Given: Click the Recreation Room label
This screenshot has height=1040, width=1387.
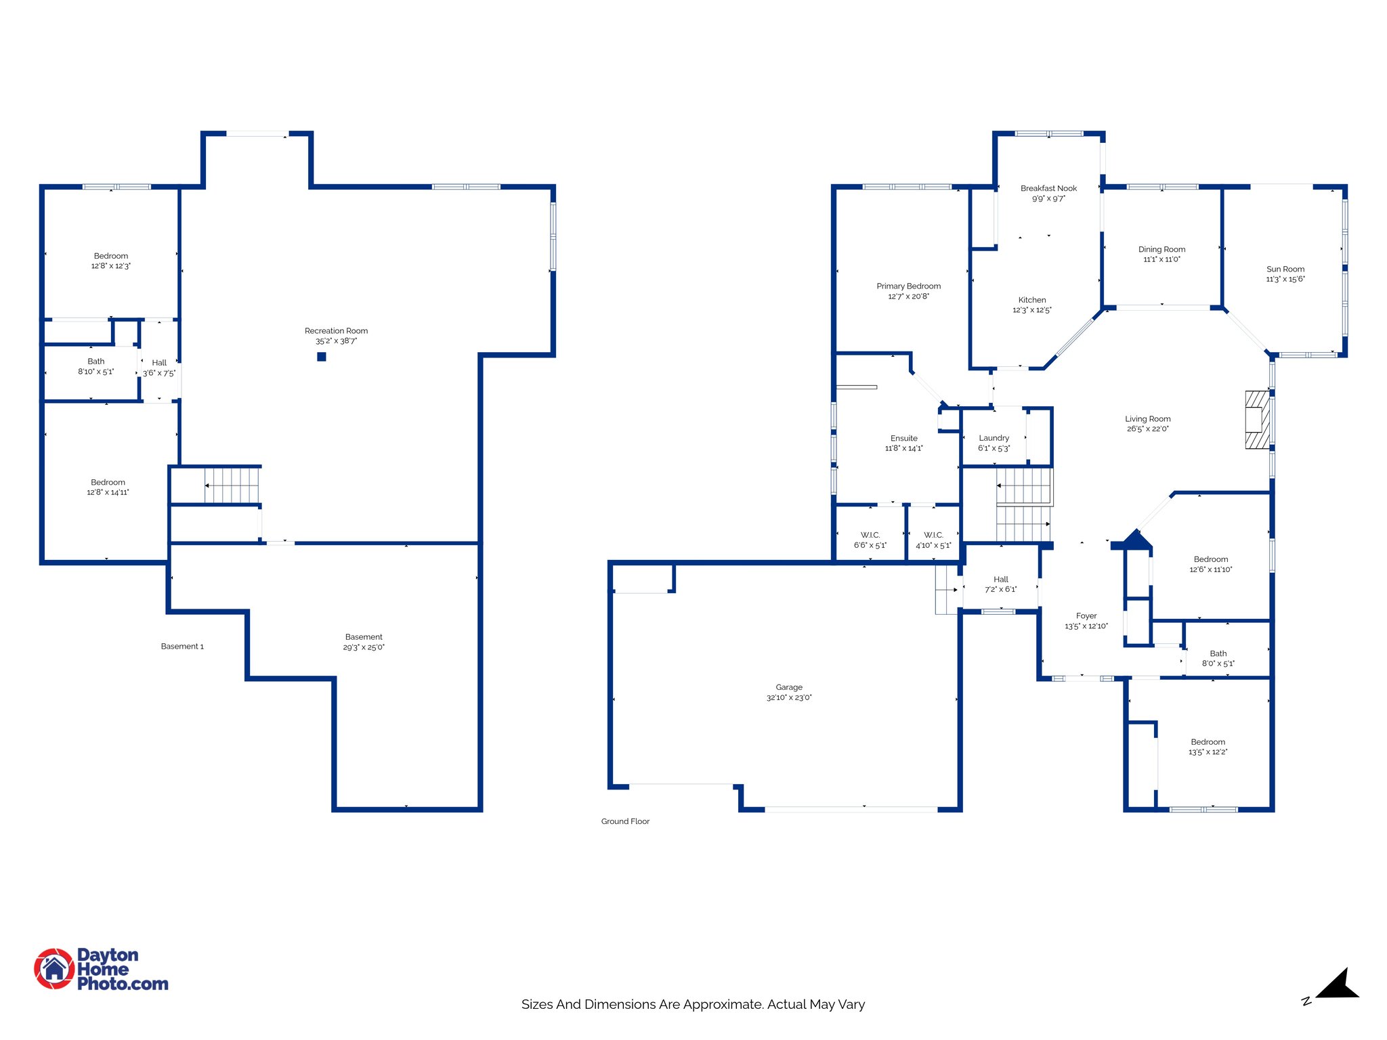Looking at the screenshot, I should (336, 331).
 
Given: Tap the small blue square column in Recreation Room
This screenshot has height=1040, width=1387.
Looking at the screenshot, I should (322, 357).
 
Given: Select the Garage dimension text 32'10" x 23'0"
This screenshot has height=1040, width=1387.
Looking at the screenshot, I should (789, 697).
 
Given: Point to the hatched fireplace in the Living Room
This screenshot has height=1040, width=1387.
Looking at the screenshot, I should (1258, 420).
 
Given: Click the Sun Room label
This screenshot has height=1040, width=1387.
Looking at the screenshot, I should (1285, 269).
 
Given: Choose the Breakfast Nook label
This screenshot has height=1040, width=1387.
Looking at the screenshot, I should (1048, 188).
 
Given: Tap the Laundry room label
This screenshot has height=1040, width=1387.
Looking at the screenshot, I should (994, 438).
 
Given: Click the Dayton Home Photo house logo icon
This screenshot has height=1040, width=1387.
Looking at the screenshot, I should (54, 968).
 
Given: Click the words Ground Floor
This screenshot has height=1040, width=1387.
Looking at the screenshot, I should (625, 821).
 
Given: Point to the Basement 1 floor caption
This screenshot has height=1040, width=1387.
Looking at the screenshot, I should (182, 647).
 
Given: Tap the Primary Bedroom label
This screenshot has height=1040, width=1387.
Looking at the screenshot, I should (908, 286).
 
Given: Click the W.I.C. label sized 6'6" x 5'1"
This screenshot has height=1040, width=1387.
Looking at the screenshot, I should (870, 535).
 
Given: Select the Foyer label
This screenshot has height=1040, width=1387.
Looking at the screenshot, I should (1086, 616).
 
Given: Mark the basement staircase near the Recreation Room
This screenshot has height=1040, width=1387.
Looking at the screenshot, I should (232, 485).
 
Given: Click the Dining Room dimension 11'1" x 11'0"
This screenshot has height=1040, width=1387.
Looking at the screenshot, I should (1161, 259).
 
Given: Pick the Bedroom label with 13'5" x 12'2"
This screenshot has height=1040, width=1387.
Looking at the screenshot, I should (1208, 742).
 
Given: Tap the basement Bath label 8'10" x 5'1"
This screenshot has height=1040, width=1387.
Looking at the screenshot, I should (96, 362).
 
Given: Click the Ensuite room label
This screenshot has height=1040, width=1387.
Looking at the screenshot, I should (903, 438).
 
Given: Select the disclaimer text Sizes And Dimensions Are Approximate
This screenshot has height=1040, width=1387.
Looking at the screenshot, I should (693, 1004).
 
